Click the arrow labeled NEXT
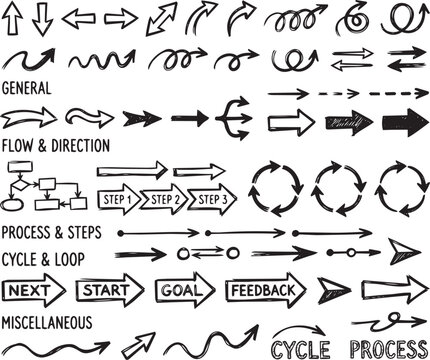(x=34, y=291)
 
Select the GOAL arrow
(x=183, y=291)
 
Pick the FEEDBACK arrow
(x=266, y=291)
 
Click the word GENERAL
(x=27, y=88)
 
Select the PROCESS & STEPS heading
(x=50, y=232)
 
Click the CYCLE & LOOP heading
(x=43, y=258)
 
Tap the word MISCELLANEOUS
(x=48, y=323)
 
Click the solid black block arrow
(x=403, y=124)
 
